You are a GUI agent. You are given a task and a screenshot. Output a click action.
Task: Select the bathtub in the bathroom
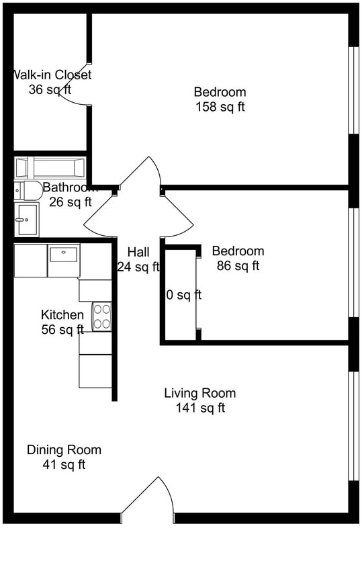[x=50, y=167]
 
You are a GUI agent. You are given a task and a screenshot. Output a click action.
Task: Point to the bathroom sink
[x=28, y=219]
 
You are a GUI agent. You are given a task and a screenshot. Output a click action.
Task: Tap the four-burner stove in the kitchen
[x=101, y=316]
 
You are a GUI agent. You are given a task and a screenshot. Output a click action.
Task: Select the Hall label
[x=138, y=252]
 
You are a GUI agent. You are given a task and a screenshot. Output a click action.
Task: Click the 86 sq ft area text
[x=238, y=266]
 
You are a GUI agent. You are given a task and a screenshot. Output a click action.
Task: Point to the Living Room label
[x=200, y=393]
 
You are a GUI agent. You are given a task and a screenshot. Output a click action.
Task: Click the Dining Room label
[x=64, y=450]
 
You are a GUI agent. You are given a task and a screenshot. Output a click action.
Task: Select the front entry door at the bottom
[x=148, y=500]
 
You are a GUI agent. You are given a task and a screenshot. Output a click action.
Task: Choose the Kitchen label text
[x=62, y=314]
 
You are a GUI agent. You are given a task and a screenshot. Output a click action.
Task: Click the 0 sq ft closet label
[x=183, y=294]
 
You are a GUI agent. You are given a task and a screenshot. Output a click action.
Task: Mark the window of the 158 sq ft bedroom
[x=353, y=91]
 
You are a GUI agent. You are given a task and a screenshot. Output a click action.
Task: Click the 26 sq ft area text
[x=71, y=202]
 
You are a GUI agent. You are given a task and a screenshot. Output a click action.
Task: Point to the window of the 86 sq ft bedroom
[x=353, y=262]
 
